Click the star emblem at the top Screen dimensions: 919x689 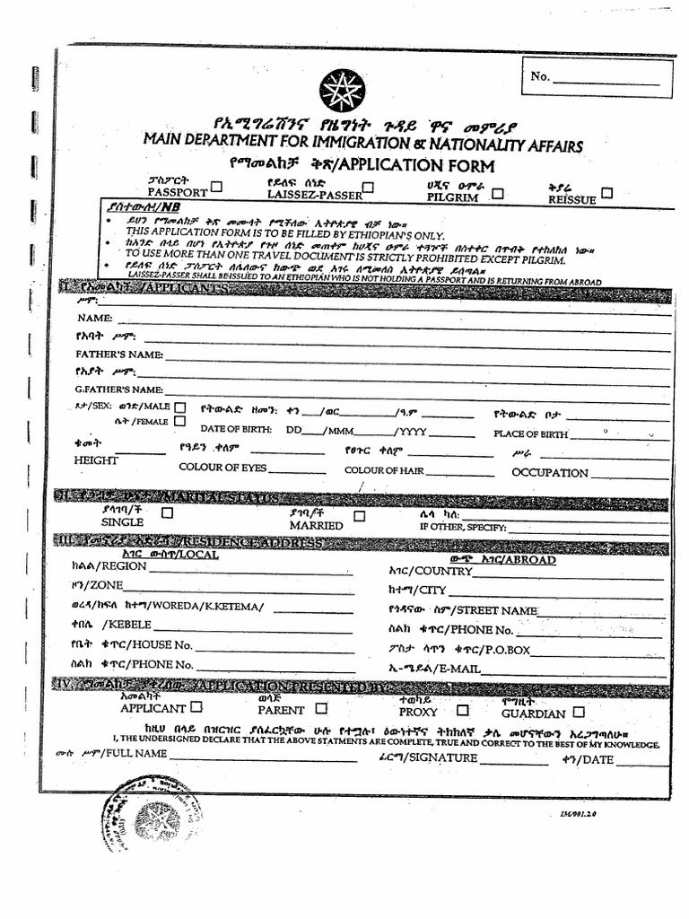(342, 91)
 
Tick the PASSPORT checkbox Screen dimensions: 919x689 (216, 188)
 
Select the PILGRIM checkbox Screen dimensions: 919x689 (498, 192)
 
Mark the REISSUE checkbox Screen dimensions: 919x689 (607, 193)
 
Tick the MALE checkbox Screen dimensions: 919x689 (181, 407)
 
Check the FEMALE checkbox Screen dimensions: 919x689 (180, 421)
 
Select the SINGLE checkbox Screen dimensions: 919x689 (167, 513)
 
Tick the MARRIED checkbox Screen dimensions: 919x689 (359, 516)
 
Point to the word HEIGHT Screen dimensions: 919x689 (96, 460)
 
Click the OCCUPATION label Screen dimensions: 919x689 (550, 473)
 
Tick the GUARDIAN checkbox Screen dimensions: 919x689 (579, 712)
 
